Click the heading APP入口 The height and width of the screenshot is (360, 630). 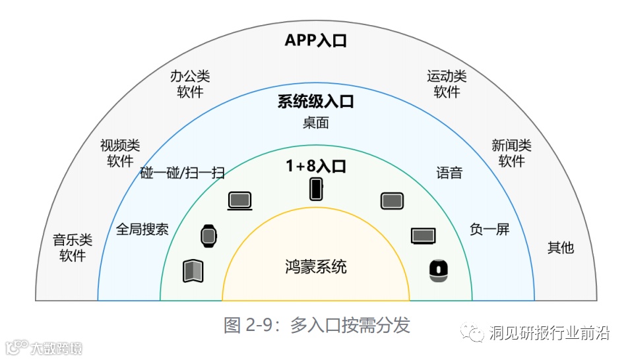315,40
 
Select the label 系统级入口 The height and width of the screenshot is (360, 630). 315,102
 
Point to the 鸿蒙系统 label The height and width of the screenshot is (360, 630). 315,267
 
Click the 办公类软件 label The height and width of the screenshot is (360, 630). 190,84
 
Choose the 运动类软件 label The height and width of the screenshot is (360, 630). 447,84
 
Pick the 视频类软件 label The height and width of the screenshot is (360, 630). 120,153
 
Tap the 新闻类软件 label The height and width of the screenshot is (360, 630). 511,153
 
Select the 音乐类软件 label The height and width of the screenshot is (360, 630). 73,247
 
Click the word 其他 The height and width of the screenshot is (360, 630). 561,248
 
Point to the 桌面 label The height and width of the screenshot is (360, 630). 315,123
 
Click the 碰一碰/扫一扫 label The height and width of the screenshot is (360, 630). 183,173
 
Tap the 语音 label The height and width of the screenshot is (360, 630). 449,173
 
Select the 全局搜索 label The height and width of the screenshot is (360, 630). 142,229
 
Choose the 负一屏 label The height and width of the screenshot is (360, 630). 489,229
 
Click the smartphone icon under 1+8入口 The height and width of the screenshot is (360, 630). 317,189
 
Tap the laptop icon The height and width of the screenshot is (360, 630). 240,201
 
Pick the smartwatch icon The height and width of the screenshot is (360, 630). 208,235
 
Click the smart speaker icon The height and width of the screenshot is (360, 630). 437,270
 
